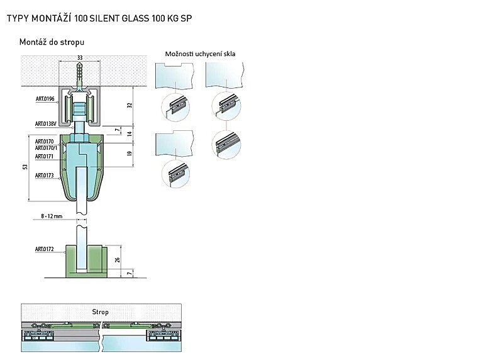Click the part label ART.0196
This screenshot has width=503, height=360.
(x=45, y=99)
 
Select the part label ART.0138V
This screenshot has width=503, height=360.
(x=46, y=123)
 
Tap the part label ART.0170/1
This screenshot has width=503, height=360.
(x=46, y=148)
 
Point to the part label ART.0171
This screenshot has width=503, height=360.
(x=44, y=156)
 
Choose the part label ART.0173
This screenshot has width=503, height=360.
(x=44, y=176)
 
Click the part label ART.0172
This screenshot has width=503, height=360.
(x=44, y=249)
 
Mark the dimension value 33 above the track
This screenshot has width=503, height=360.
(x=80, y=58)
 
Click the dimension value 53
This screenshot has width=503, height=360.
(x=25, y=167)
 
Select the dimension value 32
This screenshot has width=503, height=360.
(x=130, y=105)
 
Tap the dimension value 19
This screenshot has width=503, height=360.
(x=130, y=154)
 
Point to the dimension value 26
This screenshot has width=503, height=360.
(x=118, y=259)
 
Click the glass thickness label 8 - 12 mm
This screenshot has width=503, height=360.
(x=52, y=216)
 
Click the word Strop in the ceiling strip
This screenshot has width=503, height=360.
(x=101, y=312)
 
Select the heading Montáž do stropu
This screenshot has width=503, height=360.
(x=52, y=42)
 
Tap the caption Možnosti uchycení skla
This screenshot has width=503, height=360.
(x=200, y=54)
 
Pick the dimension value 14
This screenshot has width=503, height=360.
(x=130, y=133)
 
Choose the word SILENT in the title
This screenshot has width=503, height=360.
(x=104, y=18)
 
